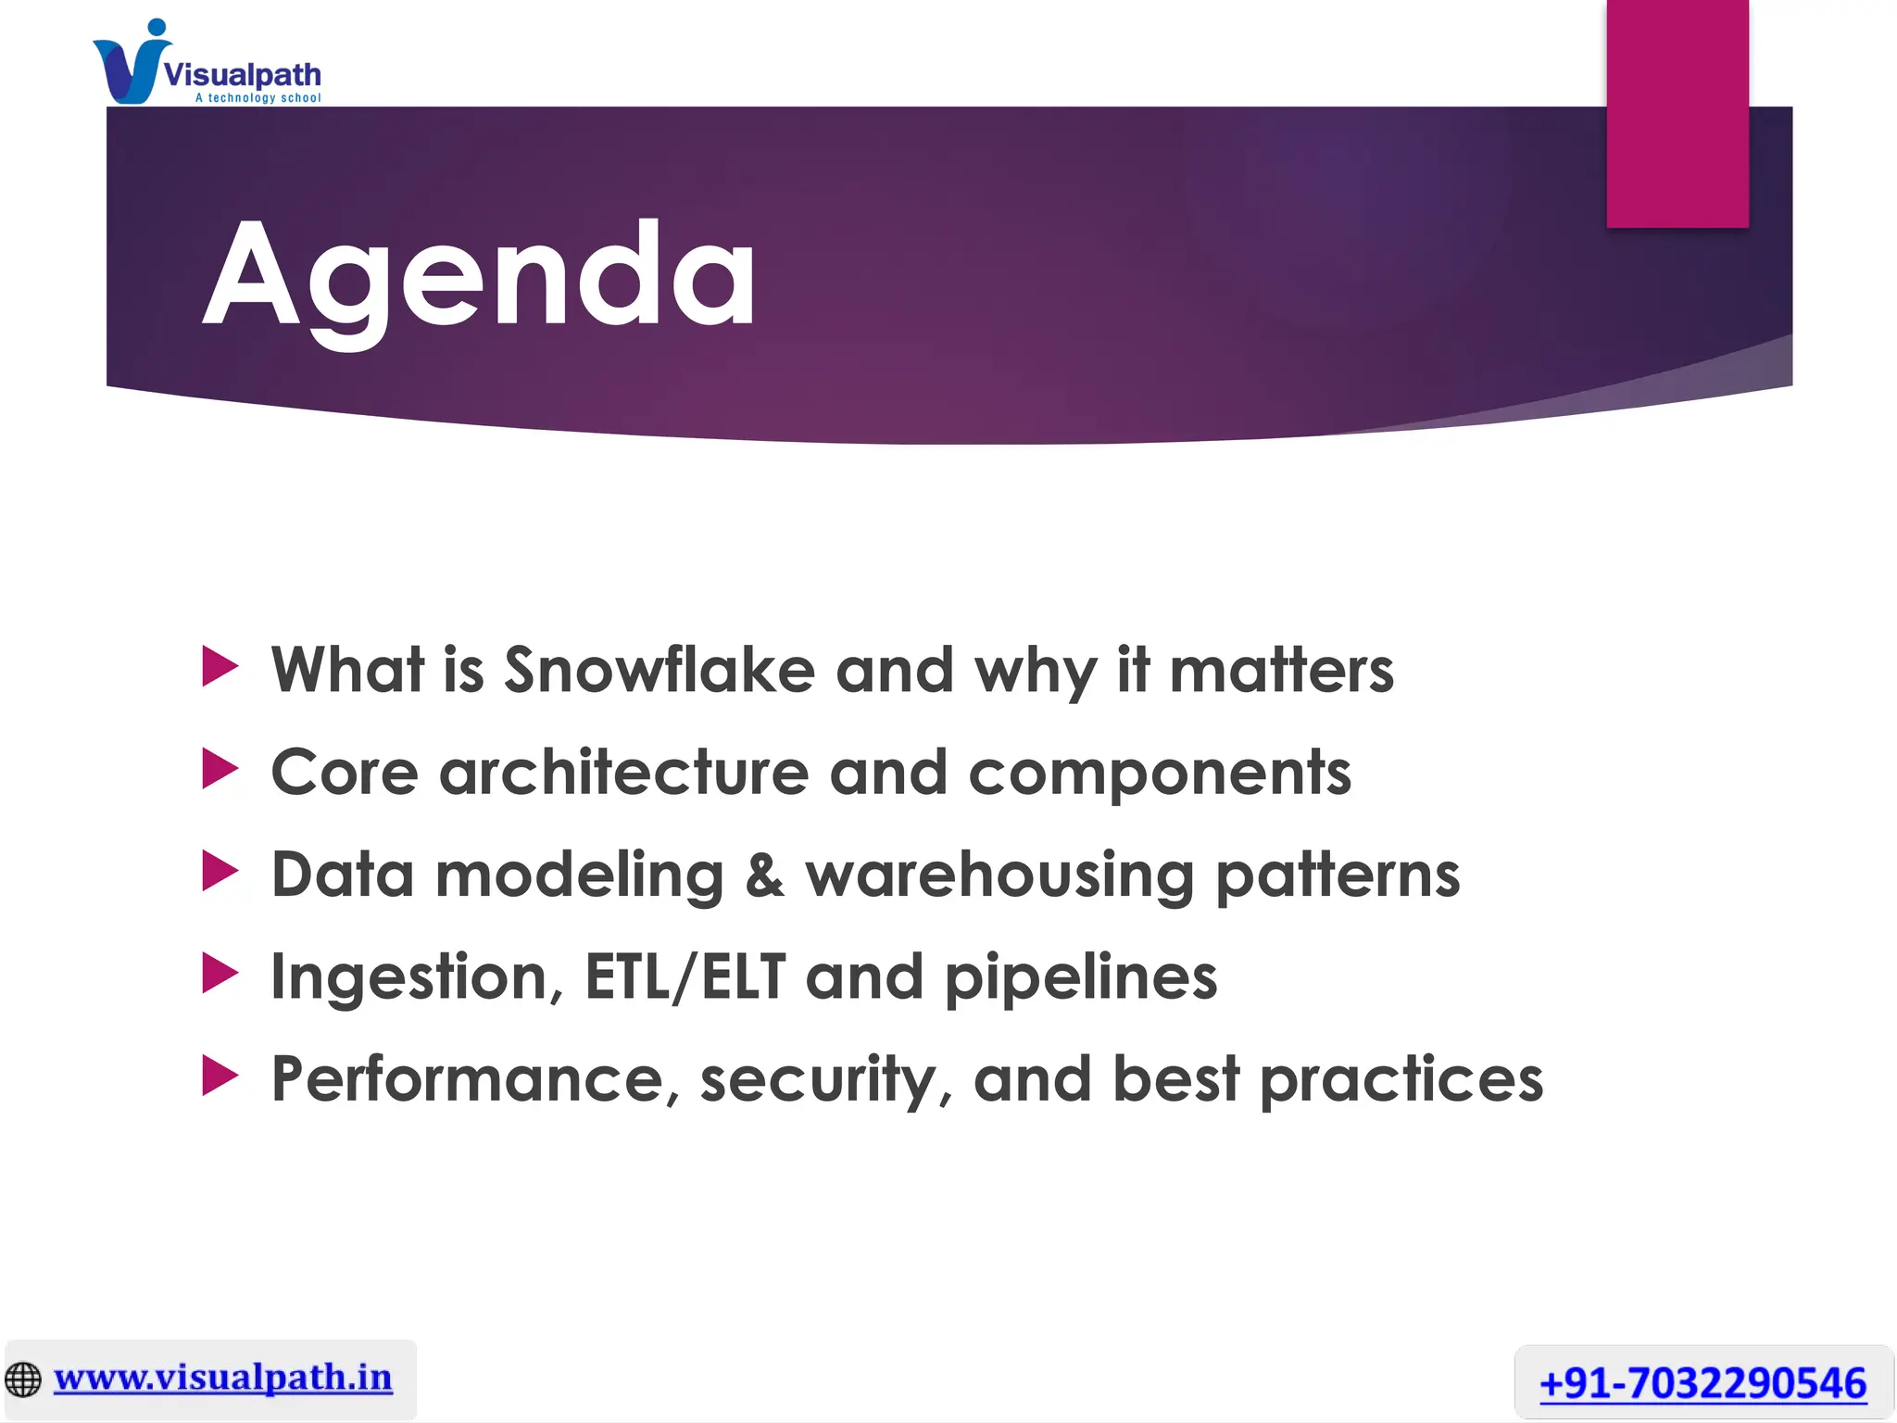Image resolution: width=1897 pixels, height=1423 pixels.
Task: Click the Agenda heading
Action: pyautogui.click(x=479, y=276)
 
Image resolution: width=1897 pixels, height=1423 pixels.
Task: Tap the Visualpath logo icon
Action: pyautogui.click(x=130, y=65)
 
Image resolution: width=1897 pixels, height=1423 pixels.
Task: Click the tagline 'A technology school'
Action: pyautogui.click(x=258, y=98)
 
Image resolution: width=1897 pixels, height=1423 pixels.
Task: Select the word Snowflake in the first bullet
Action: pyautogui.click(x=659, y=669)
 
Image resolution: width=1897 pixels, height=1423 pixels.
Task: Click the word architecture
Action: pyautogui.click(x=623, y=772)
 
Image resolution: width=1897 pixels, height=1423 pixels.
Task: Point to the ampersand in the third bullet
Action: pyautogui.click(x=764, y=875)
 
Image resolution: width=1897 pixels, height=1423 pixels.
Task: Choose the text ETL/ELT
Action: pyautogui.click(x=685, y=977)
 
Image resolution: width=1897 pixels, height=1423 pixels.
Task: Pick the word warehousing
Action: pyautogui.click(x=999, y=876)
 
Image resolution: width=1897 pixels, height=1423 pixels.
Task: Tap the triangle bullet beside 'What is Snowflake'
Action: pyautogui.click(x=220, y=668)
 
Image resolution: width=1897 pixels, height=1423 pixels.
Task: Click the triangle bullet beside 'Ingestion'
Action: pyautogui.click(x=220, y=975)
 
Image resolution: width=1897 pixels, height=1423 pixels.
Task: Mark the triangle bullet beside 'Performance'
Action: pyautogui.click(x=220, y=1077)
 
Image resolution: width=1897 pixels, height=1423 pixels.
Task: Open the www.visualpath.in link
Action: pyautogui.click(x=222, y=1379)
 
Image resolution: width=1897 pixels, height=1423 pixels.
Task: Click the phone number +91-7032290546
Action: pyautogui.click(x=1702, y=1383)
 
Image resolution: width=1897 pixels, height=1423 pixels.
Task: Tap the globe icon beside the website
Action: pyautogui.click(x=23, y=1379)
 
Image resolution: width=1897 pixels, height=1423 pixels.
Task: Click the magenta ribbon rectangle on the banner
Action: pyautogui.click(x=1677, y=113)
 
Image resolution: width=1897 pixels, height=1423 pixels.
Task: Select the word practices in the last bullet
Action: pyautogui.click(x=1401, y=1081)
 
